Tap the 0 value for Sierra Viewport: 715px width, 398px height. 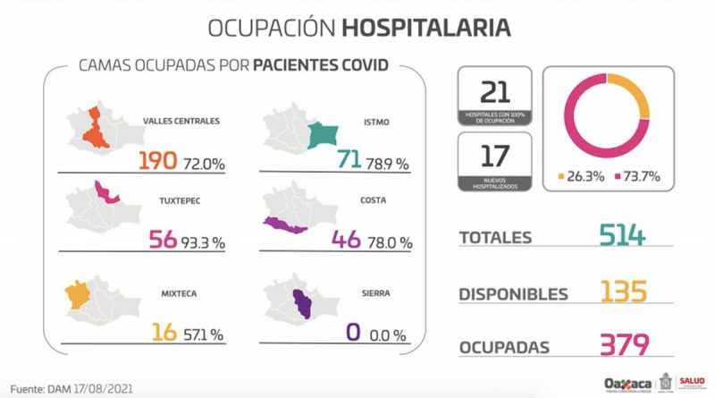(x=353, y=333)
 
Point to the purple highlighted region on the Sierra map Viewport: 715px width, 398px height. (x=308, y=307)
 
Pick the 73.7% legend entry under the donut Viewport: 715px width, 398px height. (x=638, y=176)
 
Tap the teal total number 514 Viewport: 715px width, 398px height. (x=621, y=237)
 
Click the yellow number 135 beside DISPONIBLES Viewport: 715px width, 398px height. (x=621, y=292)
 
